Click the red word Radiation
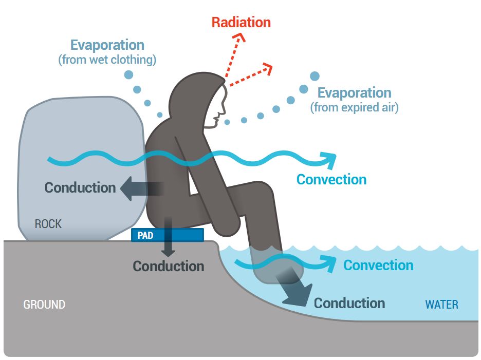click(241, 23)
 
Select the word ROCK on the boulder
click(48, 224)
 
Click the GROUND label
click(44, 305)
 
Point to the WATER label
click(441, 305)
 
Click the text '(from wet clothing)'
click(107, 60)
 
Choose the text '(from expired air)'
click(354, 108)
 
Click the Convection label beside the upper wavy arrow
click(331, 180)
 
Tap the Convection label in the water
click(378, 266)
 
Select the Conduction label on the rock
click(80, 187)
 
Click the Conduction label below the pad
click(169, 266)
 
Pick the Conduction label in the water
click(349, 303)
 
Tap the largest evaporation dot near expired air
click(314, 77)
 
